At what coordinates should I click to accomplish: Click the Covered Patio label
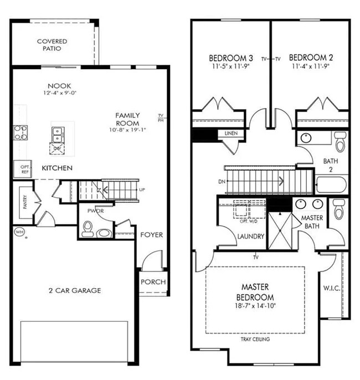52,45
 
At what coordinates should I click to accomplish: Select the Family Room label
127,119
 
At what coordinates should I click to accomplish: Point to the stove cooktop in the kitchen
21,132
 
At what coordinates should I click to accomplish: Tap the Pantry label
25,202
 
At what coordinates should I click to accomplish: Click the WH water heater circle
19,232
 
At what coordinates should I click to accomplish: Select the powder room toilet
88,228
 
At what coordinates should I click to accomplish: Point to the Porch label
153,282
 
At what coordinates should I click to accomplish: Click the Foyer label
151,235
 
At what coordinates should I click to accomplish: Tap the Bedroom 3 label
231,58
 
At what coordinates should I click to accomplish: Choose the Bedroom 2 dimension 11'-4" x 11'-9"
311,67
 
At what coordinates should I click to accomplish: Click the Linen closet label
231,133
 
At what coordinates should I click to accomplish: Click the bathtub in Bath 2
331,184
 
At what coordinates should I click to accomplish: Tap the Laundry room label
251,237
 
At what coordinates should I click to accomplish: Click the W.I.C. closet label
332,289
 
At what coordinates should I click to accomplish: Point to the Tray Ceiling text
255,339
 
